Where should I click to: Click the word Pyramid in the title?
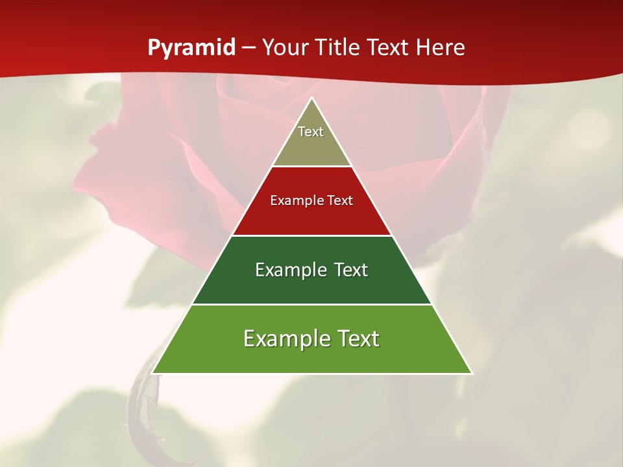191,48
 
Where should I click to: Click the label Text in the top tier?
311,132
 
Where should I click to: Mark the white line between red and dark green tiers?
311,235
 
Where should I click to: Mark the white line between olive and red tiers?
311,167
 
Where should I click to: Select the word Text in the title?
387,48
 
